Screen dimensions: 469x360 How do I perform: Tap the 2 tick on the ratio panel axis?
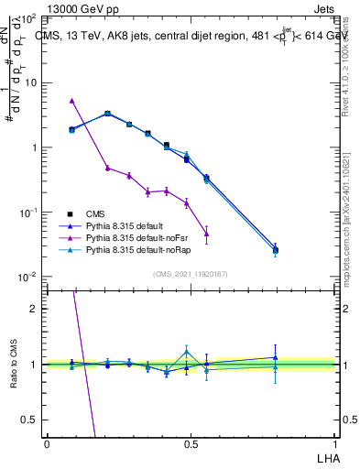tap(34, 309)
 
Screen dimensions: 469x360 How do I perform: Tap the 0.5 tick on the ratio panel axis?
tap(29, 420)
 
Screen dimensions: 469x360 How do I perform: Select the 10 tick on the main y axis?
tap(32, 82)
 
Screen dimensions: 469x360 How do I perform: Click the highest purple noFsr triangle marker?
tap(71, 101)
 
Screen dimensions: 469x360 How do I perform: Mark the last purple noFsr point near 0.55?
tap(206, 234)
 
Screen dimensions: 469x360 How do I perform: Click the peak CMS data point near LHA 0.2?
tap(108, 114)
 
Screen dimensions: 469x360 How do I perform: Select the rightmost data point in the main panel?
tap(275, 249)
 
